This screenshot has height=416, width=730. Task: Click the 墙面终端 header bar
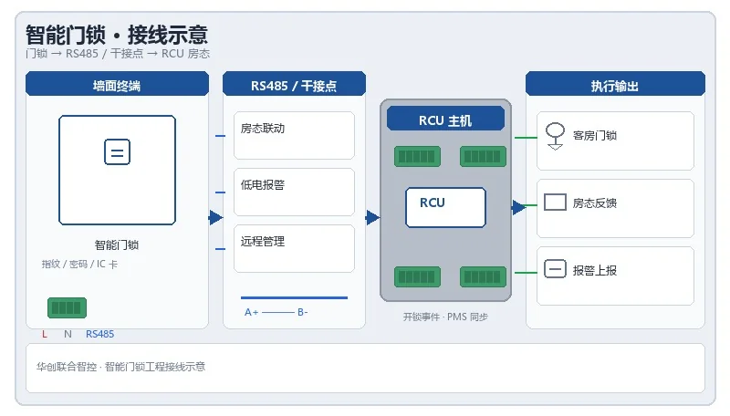[x=117, y=84]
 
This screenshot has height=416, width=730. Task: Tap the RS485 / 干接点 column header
[x=294, y=84]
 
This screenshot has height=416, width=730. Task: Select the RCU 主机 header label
[x=445, y=120]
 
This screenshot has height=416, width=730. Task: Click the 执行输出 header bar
[x=615, y=84]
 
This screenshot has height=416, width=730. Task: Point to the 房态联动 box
[x=294, y=135]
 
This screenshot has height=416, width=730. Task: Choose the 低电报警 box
[x=294, y=192]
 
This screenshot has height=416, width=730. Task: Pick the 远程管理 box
[x=294, y=248]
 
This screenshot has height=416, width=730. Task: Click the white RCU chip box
[x=445, y=207]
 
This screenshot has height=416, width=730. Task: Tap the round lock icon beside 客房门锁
[x=555, y=136]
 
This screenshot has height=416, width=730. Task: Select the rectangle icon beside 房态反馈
[x=555, y=203]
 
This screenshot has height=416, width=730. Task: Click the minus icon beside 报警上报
[x=555, y=269]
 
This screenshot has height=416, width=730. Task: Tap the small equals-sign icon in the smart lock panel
[x=117, y=151]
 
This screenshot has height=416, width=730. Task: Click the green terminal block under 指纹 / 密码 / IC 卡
[x=67, y=307]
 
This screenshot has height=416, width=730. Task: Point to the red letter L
[x=45, y=334]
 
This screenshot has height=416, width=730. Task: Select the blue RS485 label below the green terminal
[x=99, y=334]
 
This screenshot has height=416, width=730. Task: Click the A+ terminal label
[x=252, y=312]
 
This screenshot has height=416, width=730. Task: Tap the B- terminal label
[x=303, y=312]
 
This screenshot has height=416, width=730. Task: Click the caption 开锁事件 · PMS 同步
[x=445, y=317]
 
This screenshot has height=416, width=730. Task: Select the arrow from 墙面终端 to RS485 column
[x=215, y=217]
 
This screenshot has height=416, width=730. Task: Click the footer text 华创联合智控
[x=67, y=367]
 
